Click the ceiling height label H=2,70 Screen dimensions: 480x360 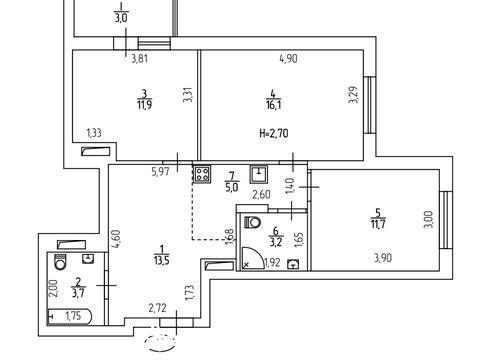pos(274,133)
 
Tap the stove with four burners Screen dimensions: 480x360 pos(202,174)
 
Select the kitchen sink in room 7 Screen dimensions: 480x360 pos(259,174)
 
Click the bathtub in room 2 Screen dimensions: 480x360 pos(69,317)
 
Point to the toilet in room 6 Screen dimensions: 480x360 pos(252,222)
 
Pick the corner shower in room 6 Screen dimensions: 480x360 pos(253,258)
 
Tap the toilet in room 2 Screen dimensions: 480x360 pos(60,262)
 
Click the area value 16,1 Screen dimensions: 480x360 pos(274,106)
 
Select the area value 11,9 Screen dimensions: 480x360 pos(144,105)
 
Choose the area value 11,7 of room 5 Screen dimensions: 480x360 pos(378,224)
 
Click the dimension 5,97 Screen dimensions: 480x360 pos(161,172)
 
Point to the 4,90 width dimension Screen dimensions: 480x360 pos(288,59)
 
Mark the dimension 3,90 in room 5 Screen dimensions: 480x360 pos(383,258)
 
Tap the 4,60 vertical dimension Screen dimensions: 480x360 pos(116,239)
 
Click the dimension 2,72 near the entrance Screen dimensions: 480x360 pos(157,308)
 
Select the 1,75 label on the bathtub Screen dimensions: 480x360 pos(73,316)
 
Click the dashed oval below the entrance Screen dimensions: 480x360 pos(161,343)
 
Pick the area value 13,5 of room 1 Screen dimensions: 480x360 pos(162,260)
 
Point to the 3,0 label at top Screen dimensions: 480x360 pos(121,18)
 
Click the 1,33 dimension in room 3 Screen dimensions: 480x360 pos(94,133)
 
